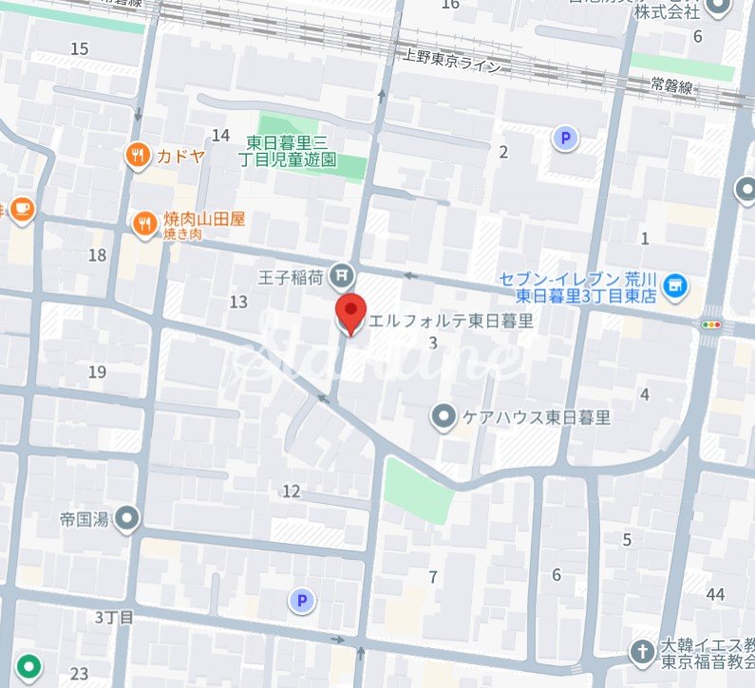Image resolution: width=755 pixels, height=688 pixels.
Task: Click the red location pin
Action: coord(352,312)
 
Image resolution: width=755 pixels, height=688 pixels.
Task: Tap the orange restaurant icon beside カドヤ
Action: coord(139,156)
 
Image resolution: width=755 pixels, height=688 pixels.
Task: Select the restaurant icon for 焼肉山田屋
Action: coord(144,224)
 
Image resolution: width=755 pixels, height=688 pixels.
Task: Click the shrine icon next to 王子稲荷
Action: coord(343,277)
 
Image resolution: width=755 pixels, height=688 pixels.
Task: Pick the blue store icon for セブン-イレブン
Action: coord(675,285)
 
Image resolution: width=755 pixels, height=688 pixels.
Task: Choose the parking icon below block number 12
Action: coord(302,600)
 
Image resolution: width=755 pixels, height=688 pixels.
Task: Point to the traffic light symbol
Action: coord(710,325)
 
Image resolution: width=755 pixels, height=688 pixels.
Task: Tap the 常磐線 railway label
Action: coord(673,84)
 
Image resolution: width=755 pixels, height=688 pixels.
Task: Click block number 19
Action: coord(97,372)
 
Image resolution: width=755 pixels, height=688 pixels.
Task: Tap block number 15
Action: coord(79,48)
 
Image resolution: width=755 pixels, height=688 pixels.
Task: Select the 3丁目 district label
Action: coord(114,617)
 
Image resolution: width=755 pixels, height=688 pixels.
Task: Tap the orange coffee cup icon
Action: coord(21,209)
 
